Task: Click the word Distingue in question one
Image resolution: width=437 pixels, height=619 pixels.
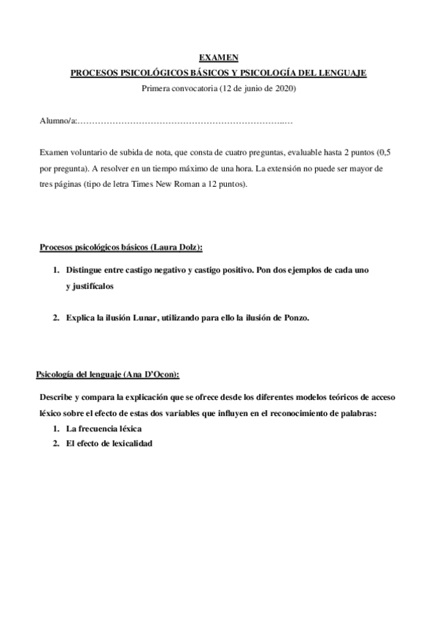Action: point(85,270)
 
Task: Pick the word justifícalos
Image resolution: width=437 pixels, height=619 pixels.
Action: point(90,286)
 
